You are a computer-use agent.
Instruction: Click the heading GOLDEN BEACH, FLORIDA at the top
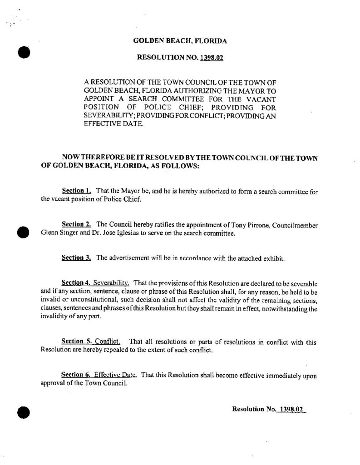[x=180, y=41]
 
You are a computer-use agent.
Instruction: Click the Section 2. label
[x=76, y=225]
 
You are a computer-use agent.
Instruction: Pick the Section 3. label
[x=76, y=258]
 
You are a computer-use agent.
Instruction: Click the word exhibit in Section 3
[x=274, y=258]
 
